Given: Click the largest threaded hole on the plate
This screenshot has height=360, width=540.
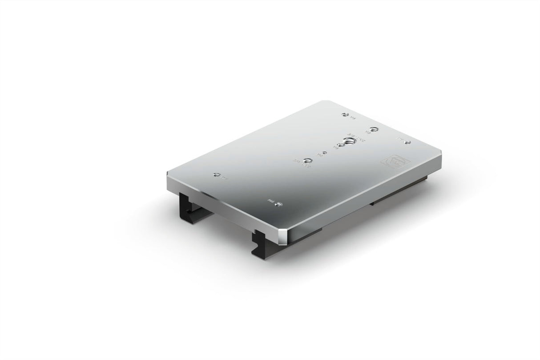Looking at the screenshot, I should tap(350, 141).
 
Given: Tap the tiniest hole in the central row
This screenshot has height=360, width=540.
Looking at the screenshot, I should tap(325, 153).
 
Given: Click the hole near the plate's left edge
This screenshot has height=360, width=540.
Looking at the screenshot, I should tap(217, 174).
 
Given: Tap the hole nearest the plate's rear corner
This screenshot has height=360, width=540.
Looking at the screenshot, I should tap(344, 115).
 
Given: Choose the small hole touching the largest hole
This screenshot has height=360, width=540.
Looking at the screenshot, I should tap(341, 146).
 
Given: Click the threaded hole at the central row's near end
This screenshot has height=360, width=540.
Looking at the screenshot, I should tap(307, 160).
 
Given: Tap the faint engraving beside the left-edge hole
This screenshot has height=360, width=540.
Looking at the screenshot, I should tap(224, 180).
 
